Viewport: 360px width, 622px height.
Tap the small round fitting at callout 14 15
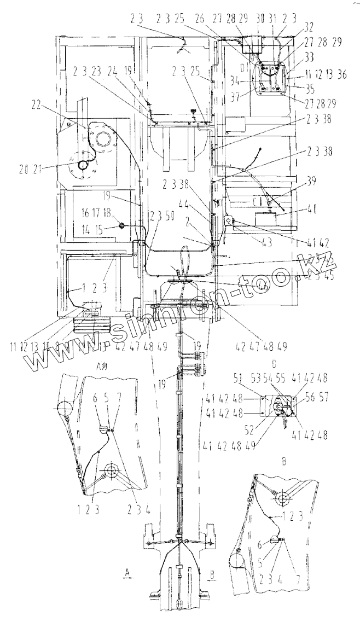(x=120, y=225)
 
